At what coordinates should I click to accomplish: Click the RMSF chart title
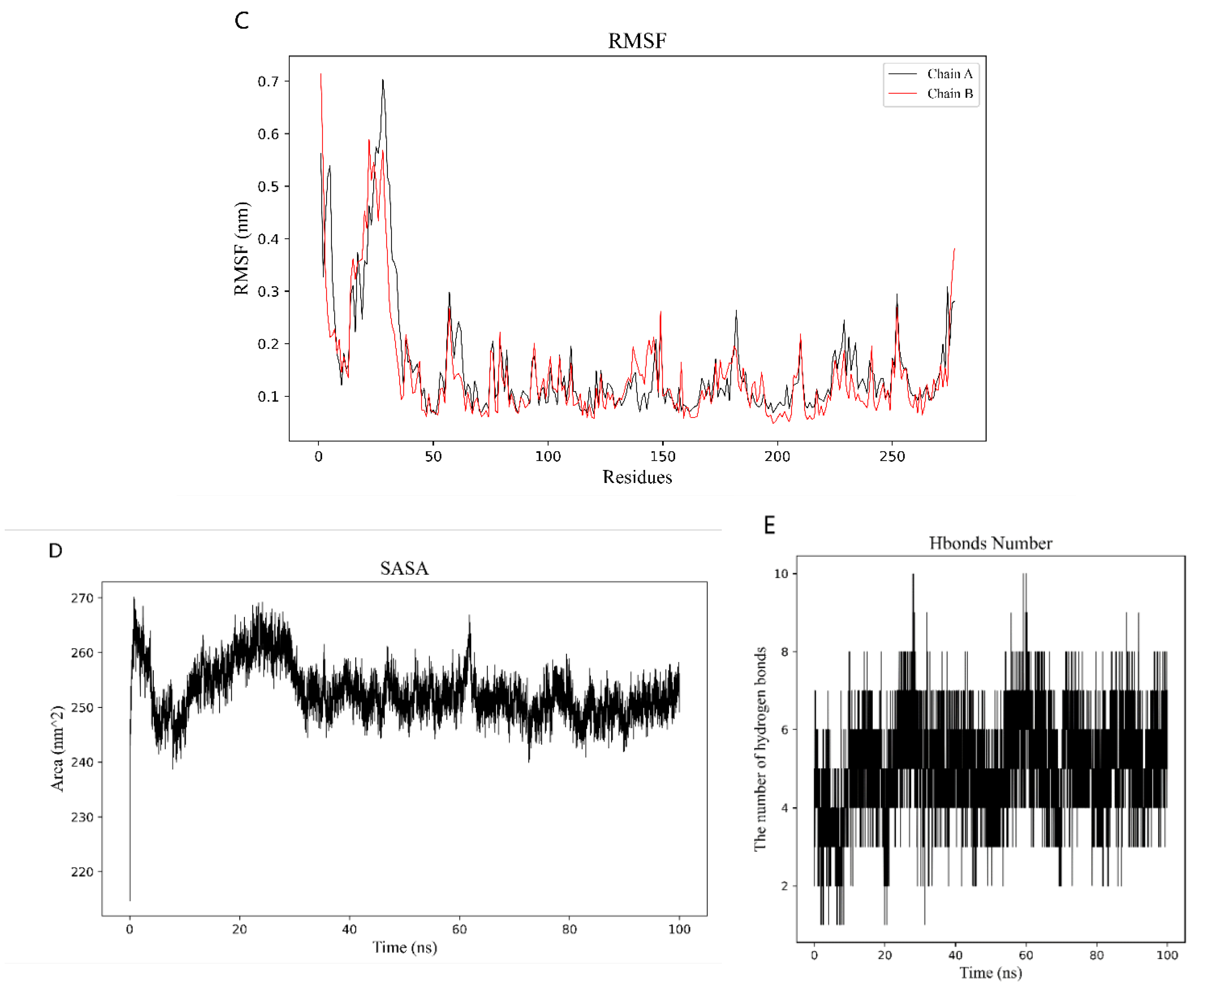pyautogui.click(x=637, y=41)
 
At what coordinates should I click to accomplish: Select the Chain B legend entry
pyautogui.click(x=949, y=93)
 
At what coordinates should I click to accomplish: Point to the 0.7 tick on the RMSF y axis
pyautogui.click(x=268, y=82)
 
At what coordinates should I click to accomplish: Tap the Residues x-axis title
pyautogui.click(x=637, y=477)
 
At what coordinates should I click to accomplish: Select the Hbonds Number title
pyautogui.click(x=991, y=543)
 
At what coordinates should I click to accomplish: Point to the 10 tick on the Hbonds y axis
pyautogui.click(x=781, y=574)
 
